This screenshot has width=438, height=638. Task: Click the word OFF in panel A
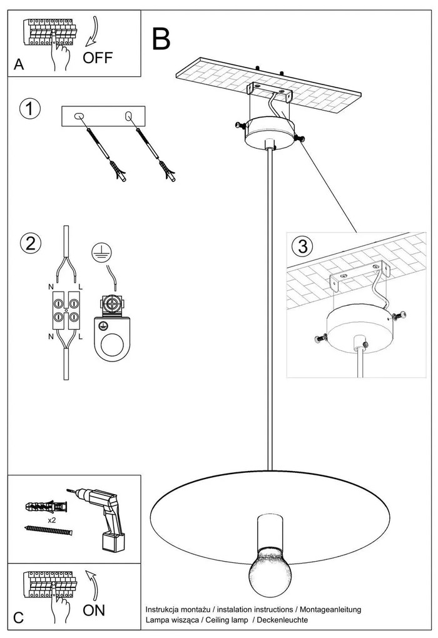pyautogui.click(x=98, y=58)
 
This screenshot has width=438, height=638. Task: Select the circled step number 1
pyautogui.click(x=29, y=109)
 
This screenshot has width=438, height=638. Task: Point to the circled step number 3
pyautogui.click(x=303, y=246)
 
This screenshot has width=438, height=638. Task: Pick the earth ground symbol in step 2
pyautogui.click(x=98, y=251)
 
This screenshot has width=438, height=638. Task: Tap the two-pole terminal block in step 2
pyautogui.click(x=66, y=311)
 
